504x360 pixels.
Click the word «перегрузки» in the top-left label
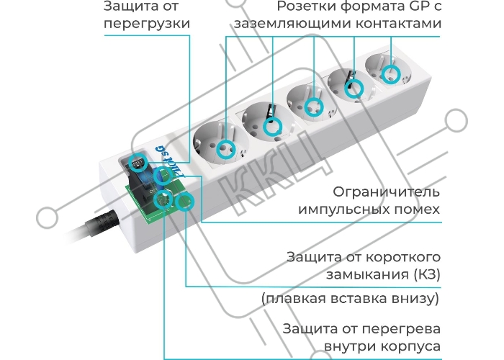point(147,24)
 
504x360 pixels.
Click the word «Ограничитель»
point(386,192)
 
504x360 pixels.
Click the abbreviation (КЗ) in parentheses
point(427,275)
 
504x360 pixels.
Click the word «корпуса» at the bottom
point(410,347)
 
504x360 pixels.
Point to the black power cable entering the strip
point(93,227)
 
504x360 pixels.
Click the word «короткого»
point(403,258)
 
